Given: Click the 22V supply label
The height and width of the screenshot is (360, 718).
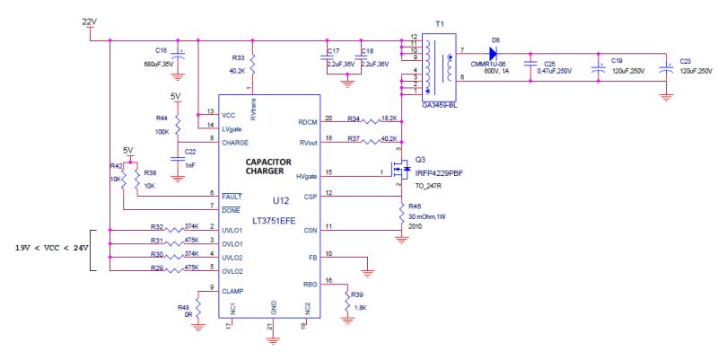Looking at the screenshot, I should click(x=90, y=21).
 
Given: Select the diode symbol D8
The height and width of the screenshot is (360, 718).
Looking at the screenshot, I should click(x=493, y=51).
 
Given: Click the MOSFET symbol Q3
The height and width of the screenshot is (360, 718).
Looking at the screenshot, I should click(x=404, y=169).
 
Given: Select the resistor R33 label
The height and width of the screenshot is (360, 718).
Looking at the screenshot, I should click(x=237, y=57).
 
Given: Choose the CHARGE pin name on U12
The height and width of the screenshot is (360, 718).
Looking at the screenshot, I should click(x=236, y=142).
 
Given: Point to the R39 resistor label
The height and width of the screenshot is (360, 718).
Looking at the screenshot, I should click(x=357, y=294).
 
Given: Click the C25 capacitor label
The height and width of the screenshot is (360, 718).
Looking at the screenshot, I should click(x=549, y=63).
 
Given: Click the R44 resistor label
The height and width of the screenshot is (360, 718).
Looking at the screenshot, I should click(x=162, y=118).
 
